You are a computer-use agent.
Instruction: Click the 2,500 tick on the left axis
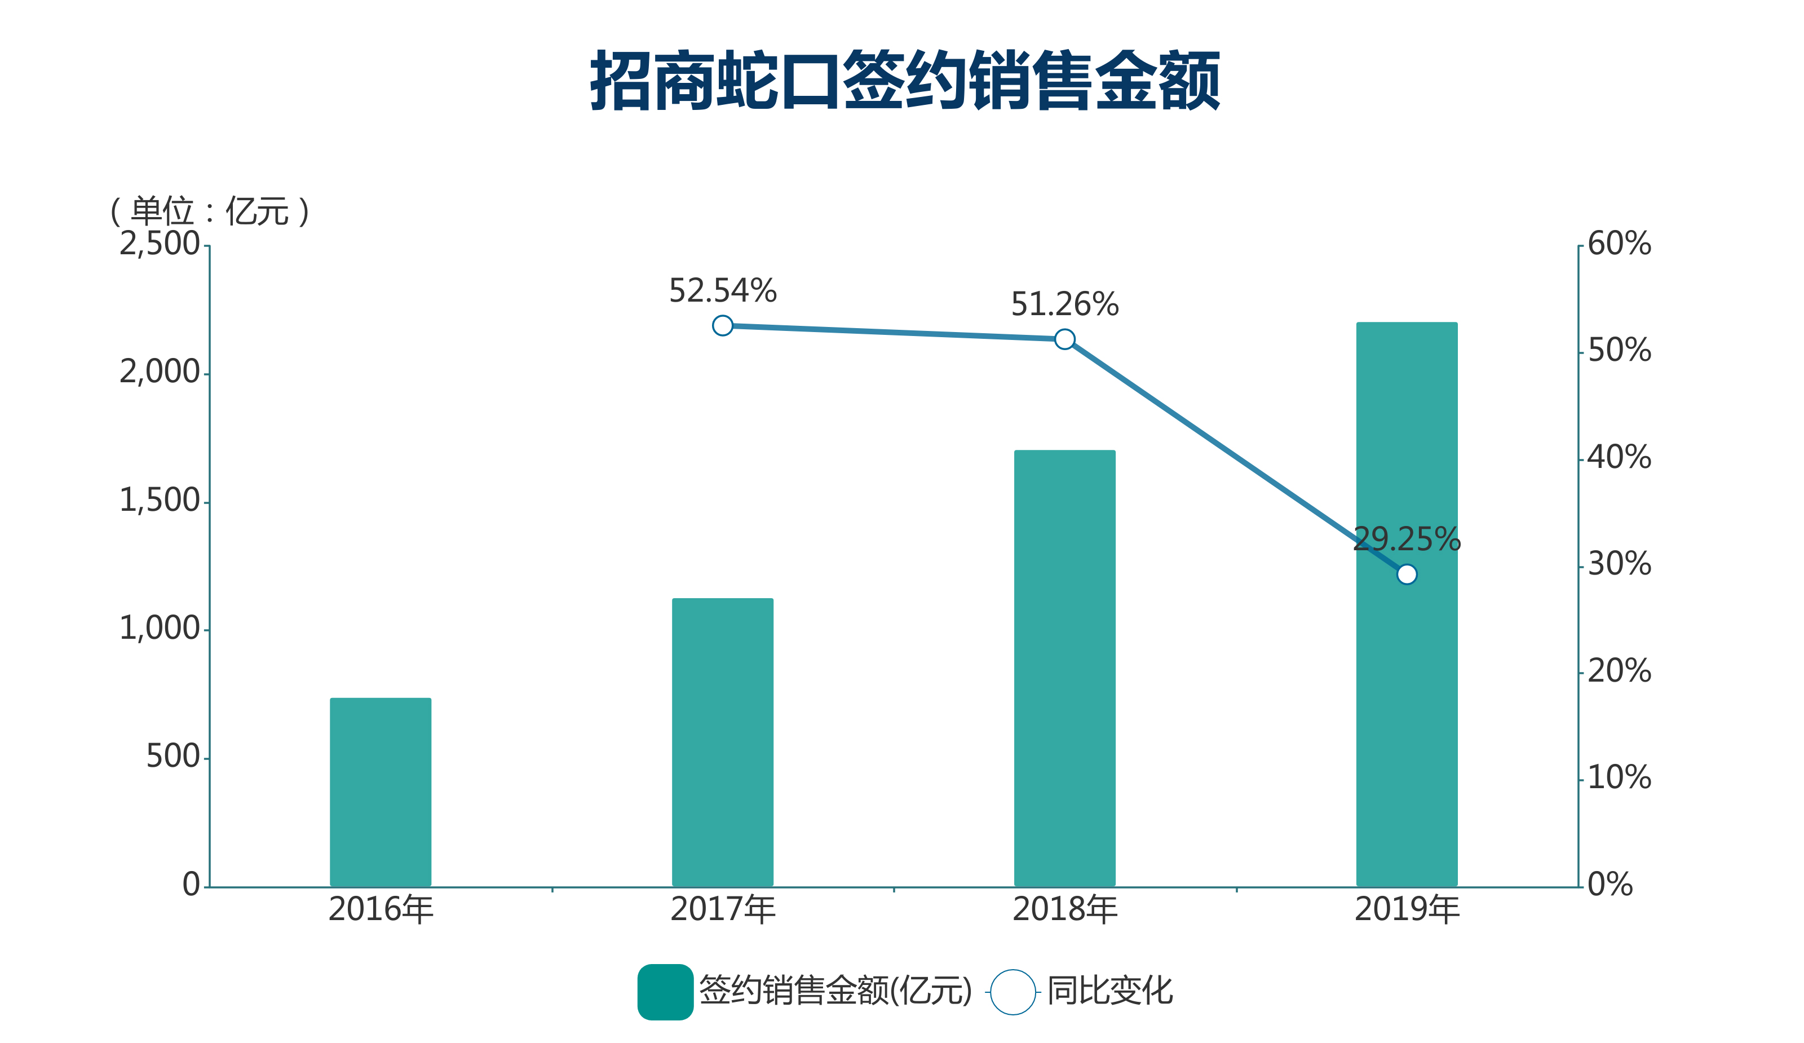click(159, 244)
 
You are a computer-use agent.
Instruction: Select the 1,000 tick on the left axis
click(159, 629)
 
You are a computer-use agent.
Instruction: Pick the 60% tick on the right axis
click(1619, 244)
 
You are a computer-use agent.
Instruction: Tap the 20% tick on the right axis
click(1619, 671)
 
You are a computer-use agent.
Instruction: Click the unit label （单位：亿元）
click(209, 211)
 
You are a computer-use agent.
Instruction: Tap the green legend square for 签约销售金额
click(665, 992)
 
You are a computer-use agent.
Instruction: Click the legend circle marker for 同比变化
click(1012, 992)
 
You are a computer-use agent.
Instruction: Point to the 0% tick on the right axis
click(1610, 885)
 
